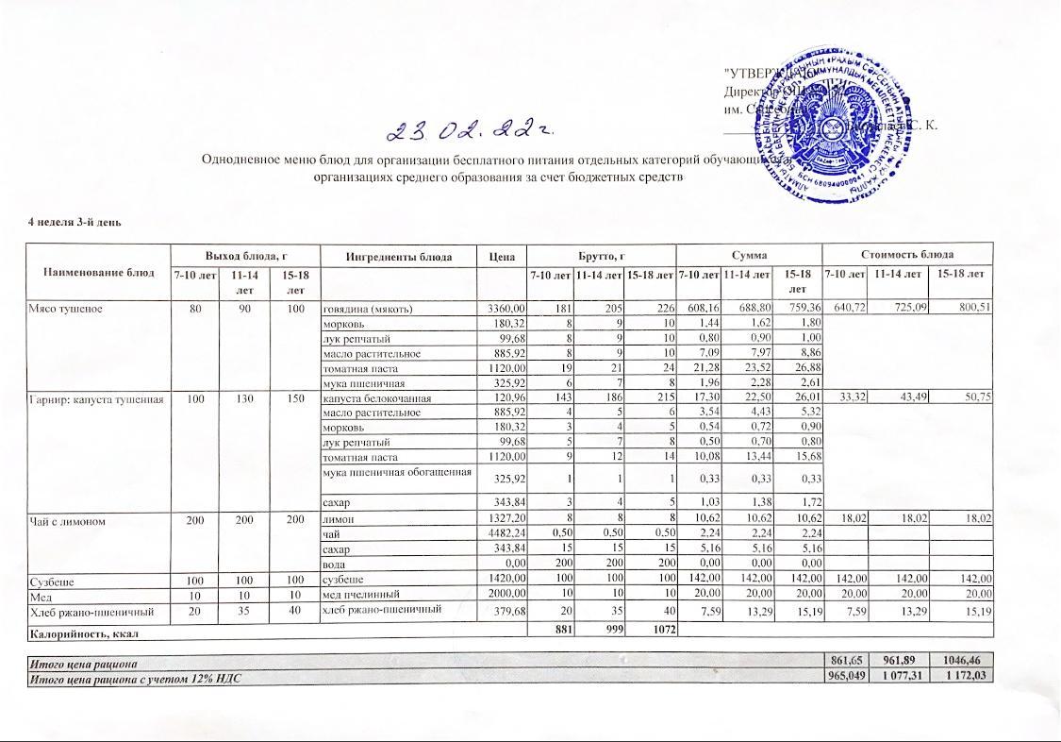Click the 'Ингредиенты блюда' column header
pyautogui.click(x=399, y=256)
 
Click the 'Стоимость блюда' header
pyautogui.click(x=906, y=255)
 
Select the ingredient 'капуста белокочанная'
pyautogui.click(x=377, y=399)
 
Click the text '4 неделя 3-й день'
pyautogui.click(x=75, y=222)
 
